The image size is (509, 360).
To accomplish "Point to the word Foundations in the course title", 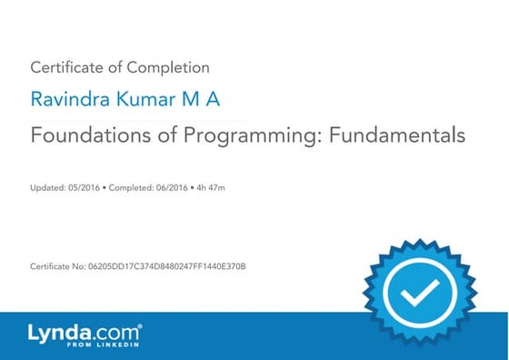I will (86, 135).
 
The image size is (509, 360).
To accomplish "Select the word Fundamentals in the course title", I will (394, 135).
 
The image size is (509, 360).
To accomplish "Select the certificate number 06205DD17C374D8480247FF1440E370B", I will (166, 265).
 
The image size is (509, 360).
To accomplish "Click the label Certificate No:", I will (57, 265).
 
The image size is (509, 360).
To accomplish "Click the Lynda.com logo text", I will (81, 331).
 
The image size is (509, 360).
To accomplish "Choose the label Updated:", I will (46, 187).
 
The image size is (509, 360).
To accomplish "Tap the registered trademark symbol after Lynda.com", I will (140, 325).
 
